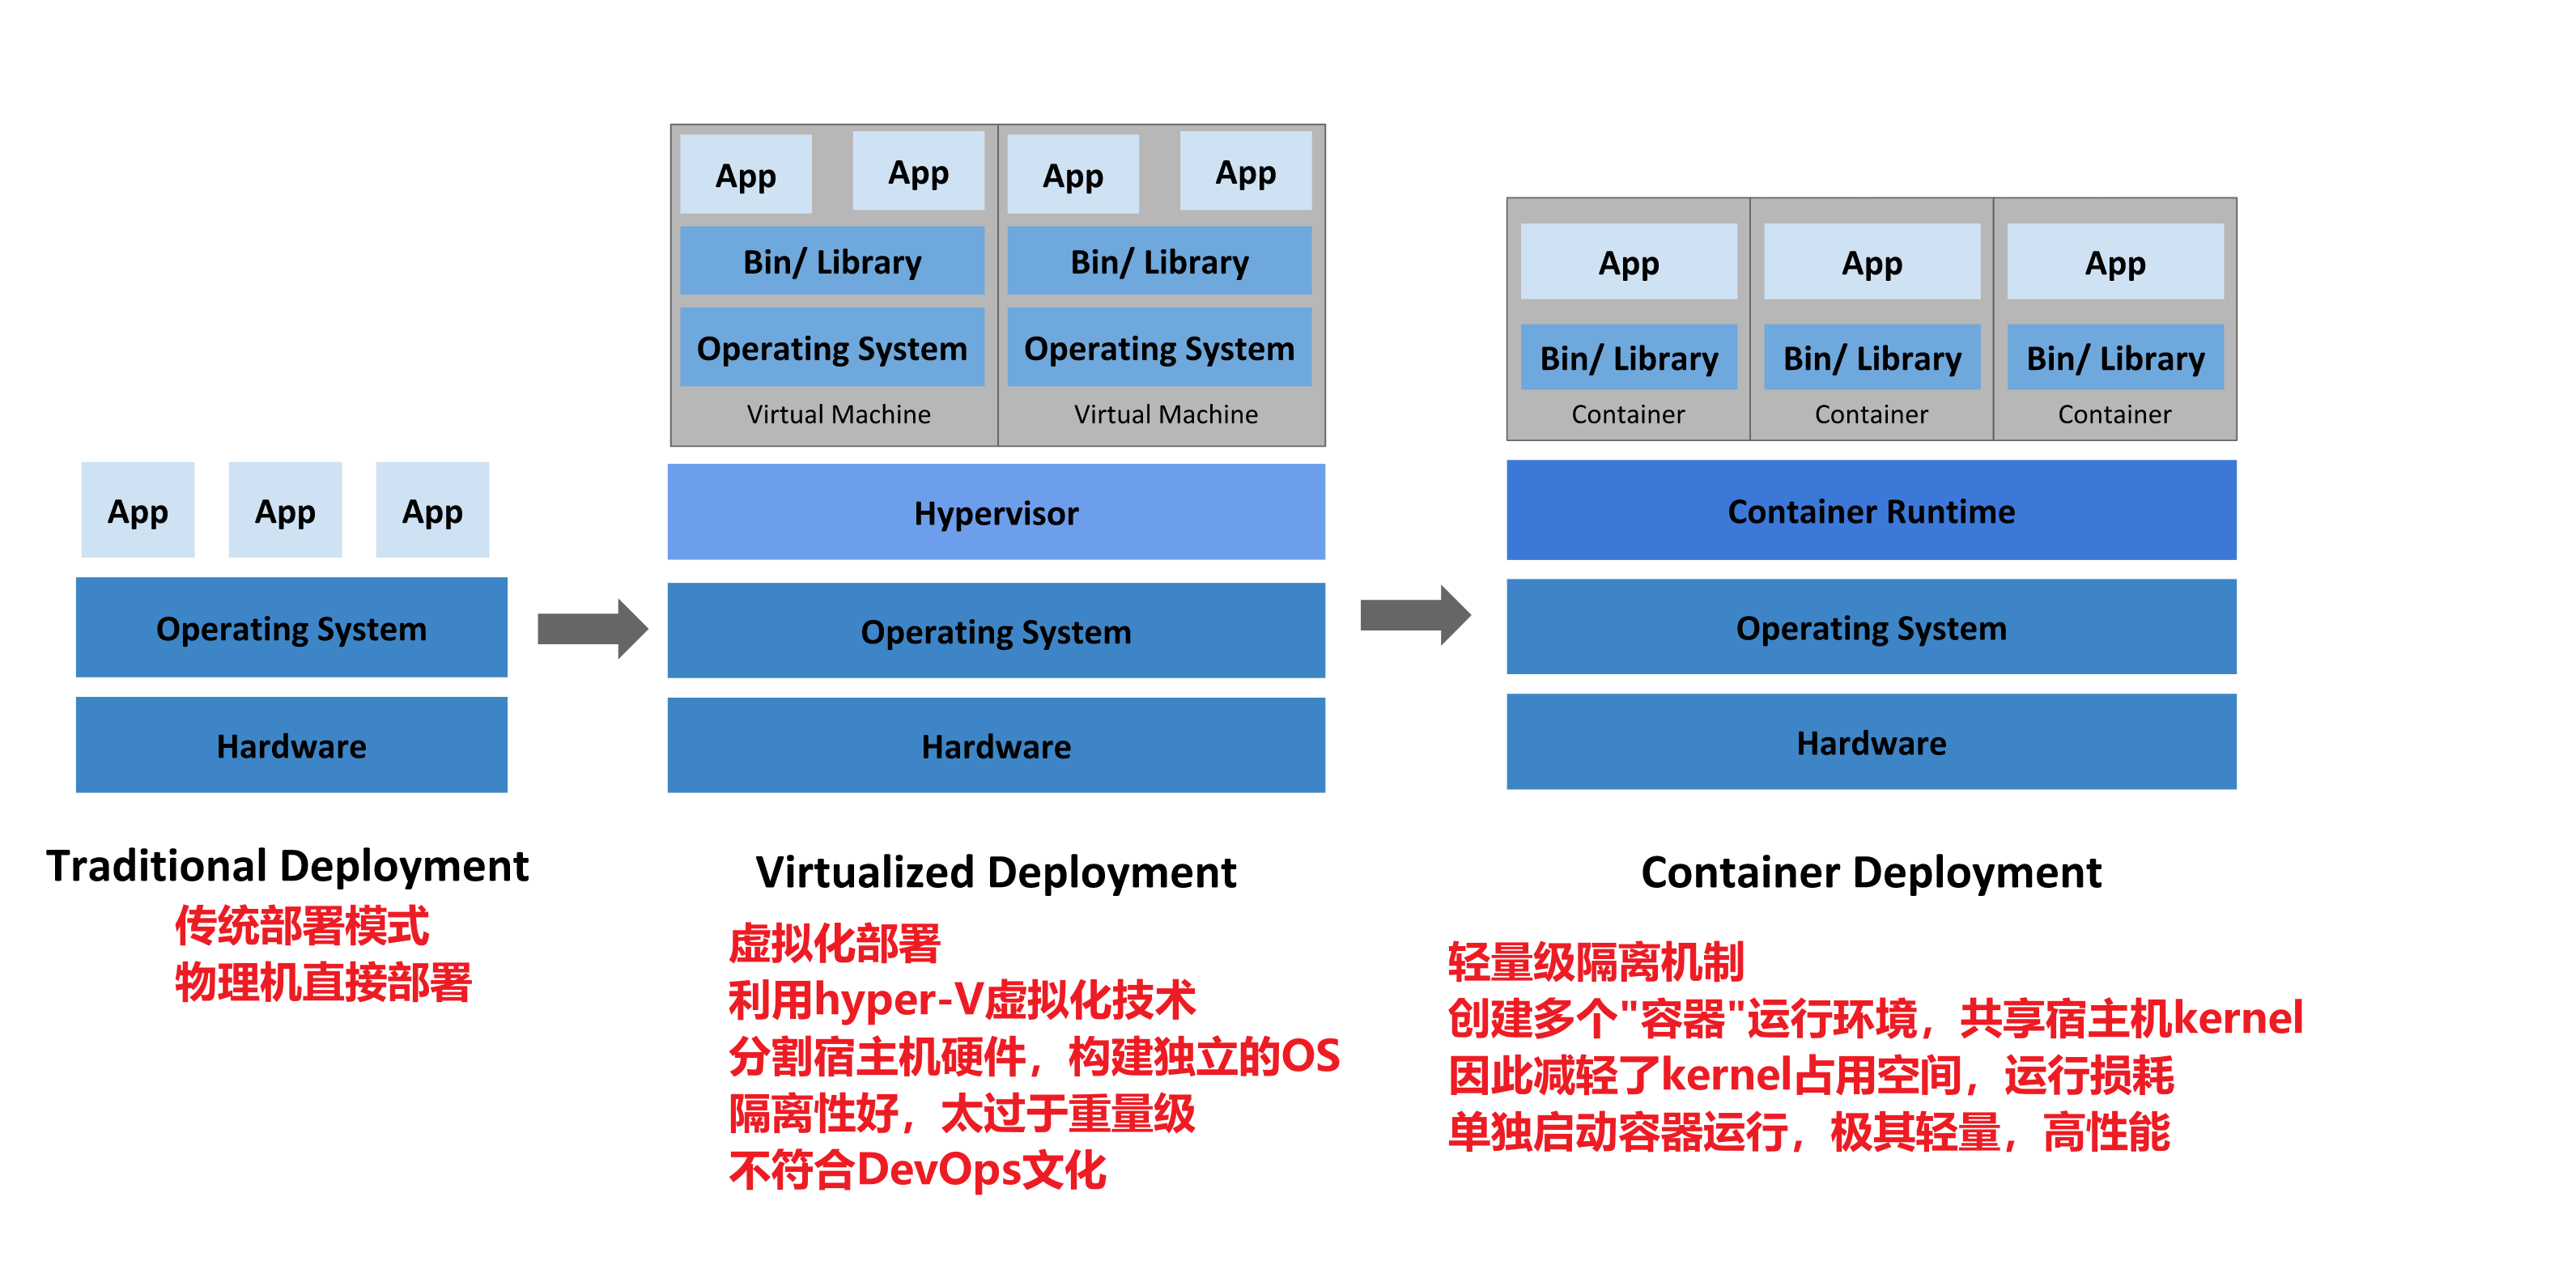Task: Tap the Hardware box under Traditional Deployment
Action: pyautogui.click(x=291, y=745)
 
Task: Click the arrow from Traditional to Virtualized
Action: pyautogui.click(x=593, y=629)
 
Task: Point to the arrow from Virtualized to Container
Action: pyautogui.click(x=1414, y=614)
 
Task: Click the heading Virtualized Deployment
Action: pyautogui.click(x=995, y=872)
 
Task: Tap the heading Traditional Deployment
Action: pyautogui.click(x=287, y=865)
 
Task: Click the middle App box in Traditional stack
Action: pyautogui.click(x=286, y=510)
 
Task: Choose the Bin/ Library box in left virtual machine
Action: pyautogui.click(x=831, y=261)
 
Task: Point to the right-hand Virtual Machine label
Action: pyautogui.click(x=1165, y=414)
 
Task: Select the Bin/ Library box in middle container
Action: pyautogui.click(x=1872, y=357)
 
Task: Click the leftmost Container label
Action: pyautogui.click(x=1627, y=414)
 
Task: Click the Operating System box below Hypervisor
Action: pyautogui.click(x=995, y=630)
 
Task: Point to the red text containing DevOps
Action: pyautogui.click(x=917, y=1170)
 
